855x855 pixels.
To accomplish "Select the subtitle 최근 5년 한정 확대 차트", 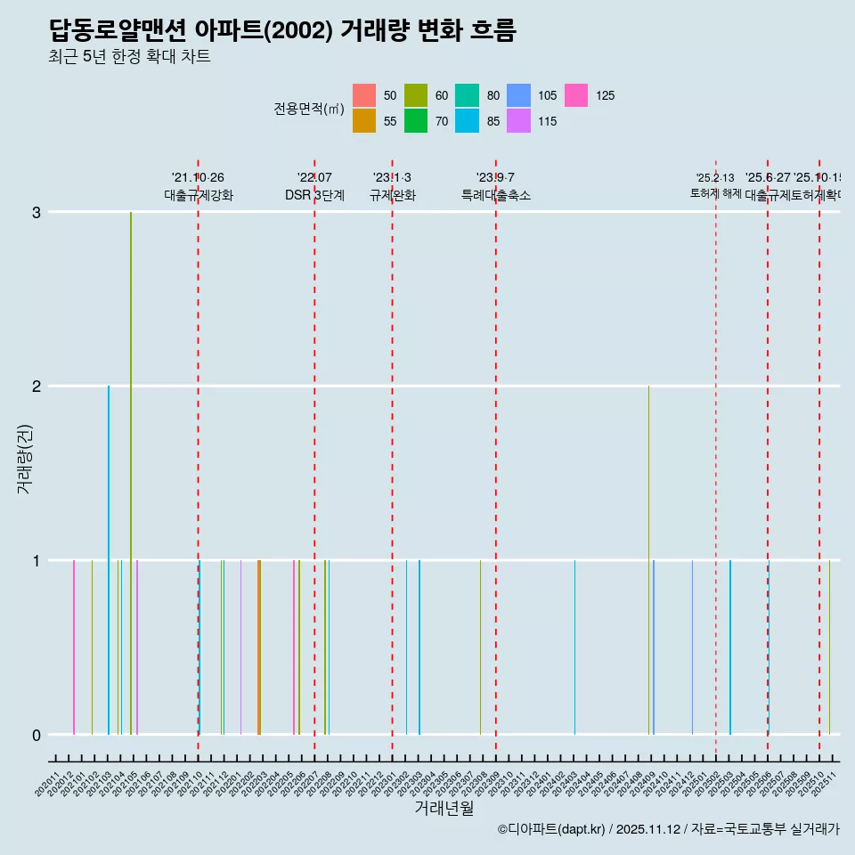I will (129, 57).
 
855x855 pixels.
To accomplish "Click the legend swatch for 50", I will (364, 95).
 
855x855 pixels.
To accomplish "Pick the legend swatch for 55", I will (364, 121).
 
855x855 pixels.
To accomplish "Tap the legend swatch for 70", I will (416, 121).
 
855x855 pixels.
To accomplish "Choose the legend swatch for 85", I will (468, 121).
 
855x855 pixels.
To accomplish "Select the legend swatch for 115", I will (519, 121).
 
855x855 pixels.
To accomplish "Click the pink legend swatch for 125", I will (576, 95).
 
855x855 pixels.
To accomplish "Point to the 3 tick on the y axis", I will (37, 212).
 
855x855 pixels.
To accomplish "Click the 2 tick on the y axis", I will (37, 386).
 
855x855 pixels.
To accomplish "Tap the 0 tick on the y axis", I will (37, 735).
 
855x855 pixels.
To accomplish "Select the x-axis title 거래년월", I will (444, 808).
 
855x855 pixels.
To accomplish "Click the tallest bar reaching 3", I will (131, 472).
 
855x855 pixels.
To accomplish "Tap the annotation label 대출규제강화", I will (199, 195).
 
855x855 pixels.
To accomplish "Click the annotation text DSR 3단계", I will (314, 195).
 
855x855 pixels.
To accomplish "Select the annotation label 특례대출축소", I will (495, 195).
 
